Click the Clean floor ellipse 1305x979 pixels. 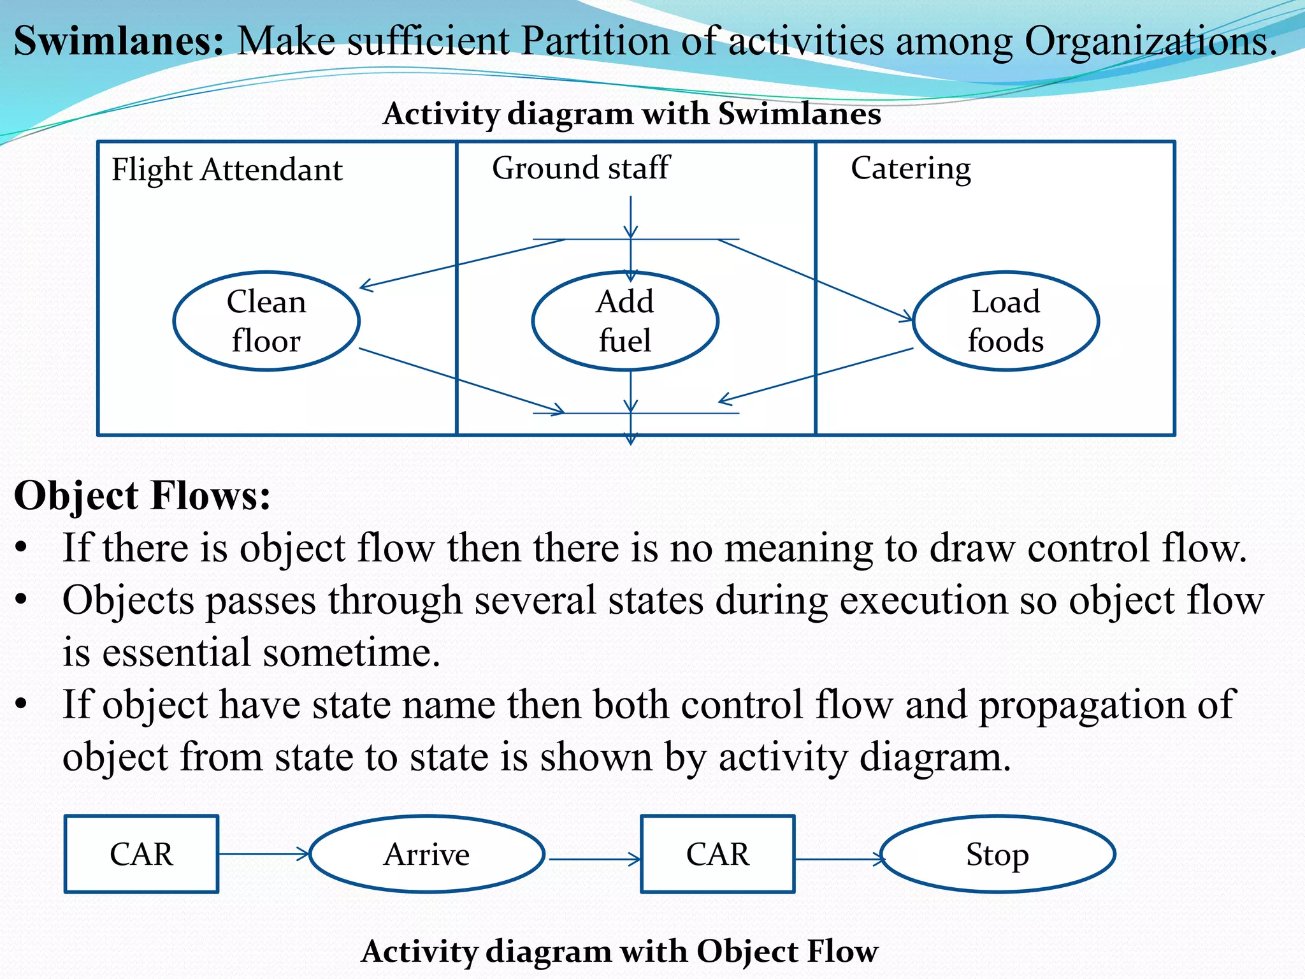point(266,321)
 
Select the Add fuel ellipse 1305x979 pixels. point(625,321)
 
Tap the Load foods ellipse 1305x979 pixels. point(1006,321)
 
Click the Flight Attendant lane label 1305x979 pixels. point(227,170)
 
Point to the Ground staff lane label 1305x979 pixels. point(580,168)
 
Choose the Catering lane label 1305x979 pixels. point(911,169)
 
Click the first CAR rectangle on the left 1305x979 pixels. point(141,854)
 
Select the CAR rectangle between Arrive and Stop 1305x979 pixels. point(717,854)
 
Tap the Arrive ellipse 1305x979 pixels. point(427,854)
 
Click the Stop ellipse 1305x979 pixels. point(998,854)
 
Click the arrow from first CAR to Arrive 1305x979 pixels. point(264,853)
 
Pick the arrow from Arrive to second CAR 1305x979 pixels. point(594,859)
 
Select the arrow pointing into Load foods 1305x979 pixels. point(816,279)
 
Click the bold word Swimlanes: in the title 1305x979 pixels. point(119,41)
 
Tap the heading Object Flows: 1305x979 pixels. point(142,496)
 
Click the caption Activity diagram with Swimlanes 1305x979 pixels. point(631,114)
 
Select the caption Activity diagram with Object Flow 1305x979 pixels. point(619,951)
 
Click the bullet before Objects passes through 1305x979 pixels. point(22,600)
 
